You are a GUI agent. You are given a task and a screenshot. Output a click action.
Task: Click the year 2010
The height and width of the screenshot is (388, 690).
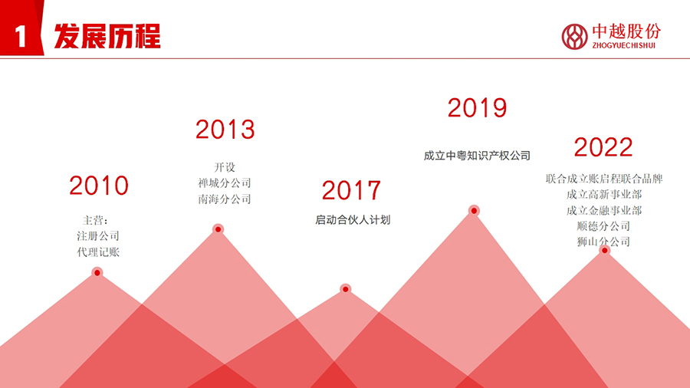click(x=99, y=186)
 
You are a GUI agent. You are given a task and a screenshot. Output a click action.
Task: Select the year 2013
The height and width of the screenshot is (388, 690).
click(x=225, y=130)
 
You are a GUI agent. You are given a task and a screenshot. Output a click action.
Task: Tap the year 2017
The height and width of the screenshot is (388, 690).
click(x=351, y=190)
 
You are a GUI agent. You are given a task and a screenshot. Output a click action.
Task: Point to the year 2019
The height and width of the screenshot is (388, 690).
click(x=478, y=108)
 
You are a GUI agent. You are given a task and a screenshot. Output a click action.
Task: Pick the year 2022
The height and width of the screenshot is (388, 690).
click(x=603, y=147)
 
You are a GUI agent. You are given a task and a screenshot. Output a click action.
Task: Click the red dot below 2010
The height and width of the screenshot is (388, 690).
click(x=97, y=273)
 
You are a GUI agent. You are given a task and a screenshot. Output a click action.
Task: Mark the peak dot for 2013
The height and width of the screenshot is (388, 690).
click(x=218, y=229)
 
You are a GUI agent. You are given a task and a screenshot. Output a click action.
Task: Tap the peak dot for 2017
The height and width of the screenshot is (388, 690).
click(x=346, y=289)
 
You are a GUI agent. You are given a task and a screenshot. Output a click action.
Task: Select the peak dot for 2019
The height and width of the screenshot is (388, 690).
click(x=474, y=211)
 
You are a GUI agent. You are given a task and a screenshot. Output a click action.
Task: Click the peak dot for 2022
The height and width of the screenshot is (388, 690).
click(x=605, y=250)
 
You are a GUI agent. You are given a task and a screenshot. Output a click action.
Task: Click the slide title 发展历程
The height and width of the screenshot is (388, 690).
click(x=107, y=36)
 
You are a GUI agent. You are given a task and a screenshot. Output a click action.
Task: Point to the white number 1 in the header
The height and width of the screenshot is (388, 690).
click(x=21, y=36)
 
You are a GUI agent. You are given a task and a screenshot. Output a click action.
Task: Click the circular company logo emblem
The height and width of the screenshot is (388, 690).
click(x=574, y=37)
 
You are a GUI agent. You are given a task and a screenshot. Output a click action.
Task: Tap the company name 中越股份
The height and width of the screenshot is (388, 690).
click(x=626, y=31)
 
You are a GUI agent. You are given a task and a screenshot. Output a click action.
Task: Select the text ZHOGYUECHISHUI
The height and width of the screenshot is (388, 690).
click(x=623, y=45)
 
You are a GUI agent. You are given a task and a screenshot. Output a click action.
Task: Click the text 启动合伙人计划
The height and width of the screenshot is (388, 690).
click(x=353, y=220)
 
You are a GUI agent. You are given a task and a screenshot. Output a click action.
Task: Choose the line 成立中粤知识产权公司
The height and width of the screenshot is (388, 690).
click(x=477, y=156)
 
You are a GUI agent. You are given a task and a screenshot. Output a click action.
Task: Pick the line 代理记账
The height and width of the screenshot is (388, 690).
click(x=98, y=252)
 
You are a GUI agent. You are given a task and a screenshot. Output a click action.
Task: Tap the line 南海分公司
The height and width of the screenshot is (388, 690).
click(x=225, y=199)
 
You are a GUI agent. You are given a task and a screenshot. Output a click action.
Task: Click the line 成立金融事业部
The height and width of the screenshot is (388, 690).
click(x=604, y=210)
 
